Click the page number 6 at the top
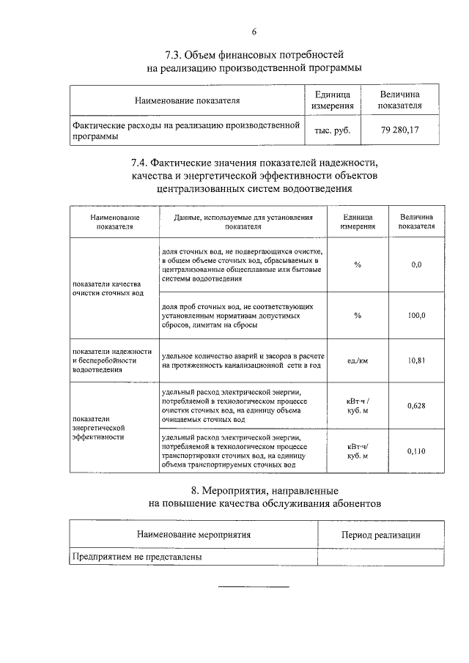click(x=254, y=31)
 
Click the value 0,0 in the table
click(x=416, y=264)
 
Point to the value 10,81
click(x=416, y=360)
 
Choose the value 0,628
click(x=416, y=405)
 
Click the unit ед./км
click(x=357, y=360)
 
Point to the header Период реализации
click(x=380, y=535)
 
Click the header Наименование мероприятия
click(x=193, y=535)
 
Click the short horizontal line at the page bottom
click(x=254, y=587)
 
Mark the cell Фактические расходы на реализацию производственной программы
click(x=186, y=130)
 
